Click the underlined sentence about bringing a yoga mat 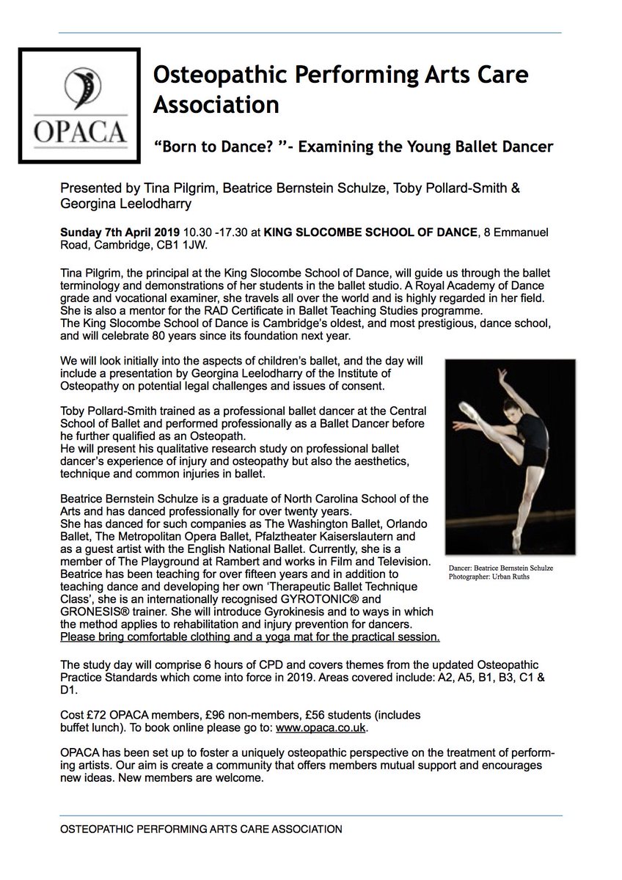[x=250, y=635]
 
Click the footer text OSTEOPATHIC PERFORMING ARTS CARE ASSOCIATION [x=201, y=830]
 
